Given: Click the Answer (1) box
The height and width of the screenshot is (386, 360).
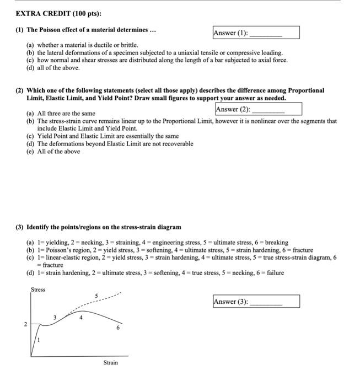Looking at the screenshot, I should coord(255,33).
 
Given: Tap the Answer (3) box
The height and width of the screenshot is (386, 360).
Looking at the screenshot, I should coord(256,302).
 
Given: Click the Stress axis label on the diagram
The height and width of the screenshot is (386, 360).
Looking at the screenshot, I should coord(38,289).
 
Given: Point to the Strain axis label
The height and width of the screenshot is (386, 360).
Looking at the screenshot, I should coord(110,362).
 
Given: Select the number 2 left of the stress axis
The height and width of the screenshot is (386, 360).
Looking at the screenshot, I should coord(25,325).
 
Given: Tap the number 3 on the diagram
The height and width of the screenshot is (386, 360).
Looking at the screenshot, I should coord(55,317).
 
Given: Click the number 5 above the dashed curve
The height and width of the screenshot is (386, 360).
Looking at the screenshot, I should coord(96,296).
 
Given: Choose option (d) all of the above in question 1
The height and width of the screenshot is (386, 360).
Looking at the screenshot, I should coord(53,67).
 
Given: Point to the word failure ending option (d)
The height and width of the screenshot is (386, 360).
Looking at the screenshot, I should coord(275,272).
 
